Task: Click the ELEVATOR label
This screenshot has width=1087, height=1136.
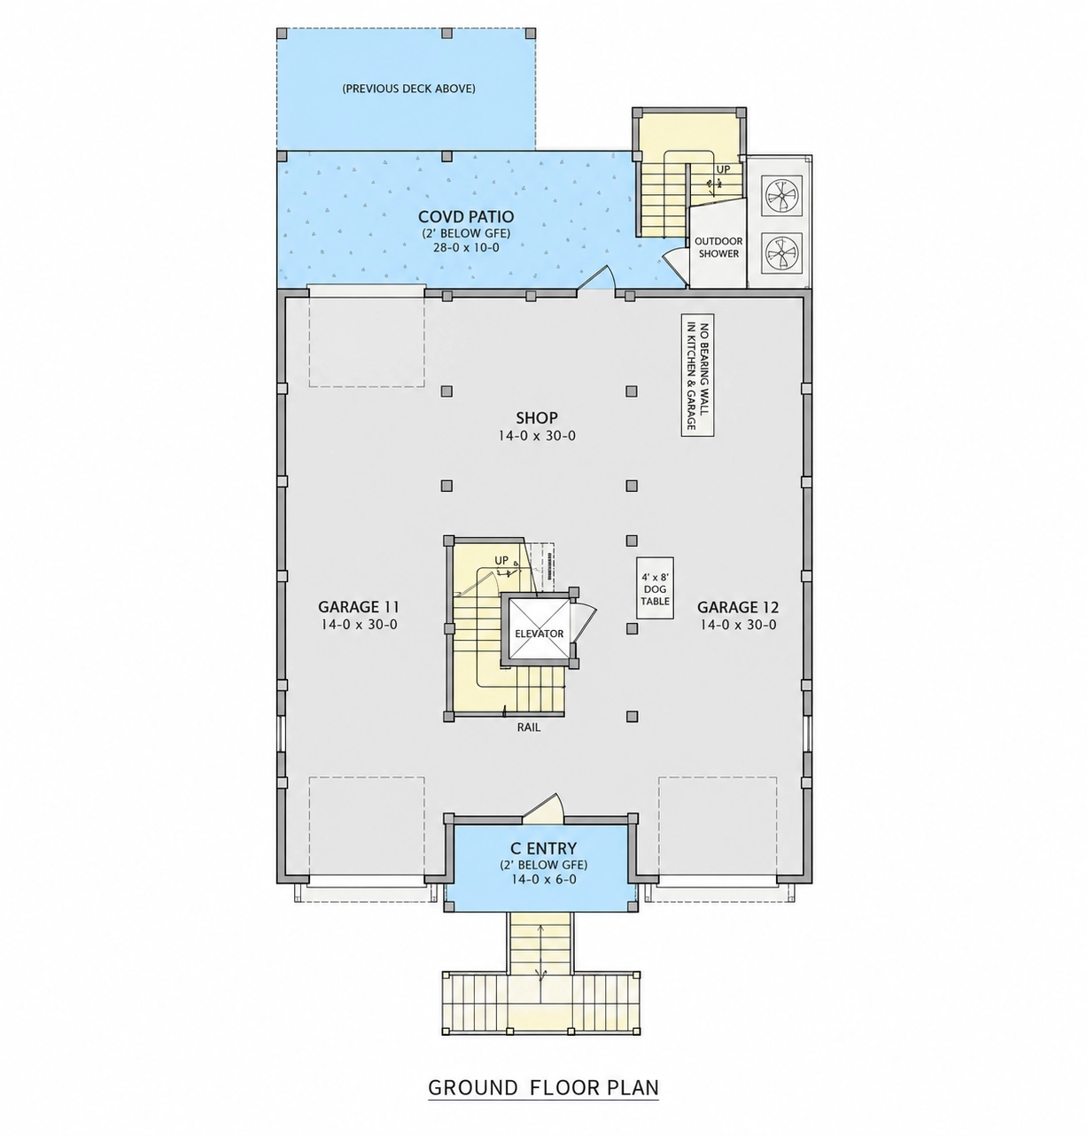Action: pos(539,634)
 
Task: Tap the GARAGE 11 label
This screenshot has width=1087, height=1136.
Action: pos(358,607)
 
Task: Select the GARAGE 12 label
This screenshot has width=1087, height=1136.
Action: pos(737,607)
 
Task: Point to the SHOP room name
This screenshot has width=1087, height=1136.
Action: pos(537,418)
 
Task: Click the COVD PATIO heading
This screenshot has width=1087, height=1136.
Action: pos(466,217)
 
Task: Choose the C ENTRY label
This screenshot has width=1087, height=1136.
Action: pos(543,848)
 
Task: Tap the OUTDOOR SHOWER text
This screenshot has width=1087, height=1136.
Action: pos(718,247)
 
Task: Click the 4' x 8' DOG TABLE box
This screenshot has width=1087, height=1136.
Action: pos(655,587)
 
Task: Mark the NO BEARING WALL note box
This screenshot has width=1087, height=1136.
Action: pos(698,376)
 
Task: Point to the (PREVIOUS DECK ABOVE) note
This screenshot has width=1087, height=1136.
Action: pos(408,89)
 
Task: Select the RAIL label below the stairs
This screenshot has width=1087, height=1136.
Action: pos(529,728)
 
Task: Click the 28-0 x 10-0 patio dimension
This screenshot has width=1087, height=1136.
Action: pos(466,247)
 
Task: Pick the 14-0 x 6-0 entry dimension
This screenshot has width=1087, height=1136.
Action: pos(544,879)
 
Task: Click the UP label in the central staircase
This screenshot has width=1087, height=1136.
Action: pos(501,560)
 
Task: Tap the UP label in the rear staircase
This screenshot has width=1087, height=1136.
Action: pos(723,170)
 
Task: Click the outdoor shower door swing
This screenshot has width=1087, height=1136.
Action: pos(674,260)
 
